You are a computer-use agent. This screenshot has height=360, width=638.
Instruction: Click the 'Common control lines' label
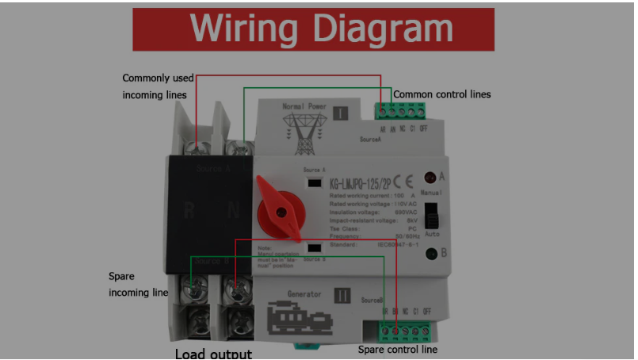(x=442, y=94)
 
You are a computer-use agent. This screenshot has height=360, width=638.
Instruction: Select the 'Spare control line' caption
(x=397, y=349)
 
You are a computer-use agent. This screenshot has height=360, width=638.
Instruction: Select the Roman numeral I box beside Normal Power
(x=340, y=113)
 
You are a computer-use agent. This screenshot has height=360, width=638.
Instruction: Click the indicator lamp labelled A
(x=430, y=178)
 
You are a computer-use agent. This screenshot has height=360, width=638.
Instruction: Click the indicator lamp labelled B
(x=432, y=254)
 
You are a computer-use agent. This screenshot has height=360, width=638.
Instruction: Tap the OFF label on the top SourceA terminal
(x=424, y=129)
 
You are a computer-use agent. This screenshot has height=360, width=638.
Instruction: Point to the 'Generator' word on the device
(x=304, y=293)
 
